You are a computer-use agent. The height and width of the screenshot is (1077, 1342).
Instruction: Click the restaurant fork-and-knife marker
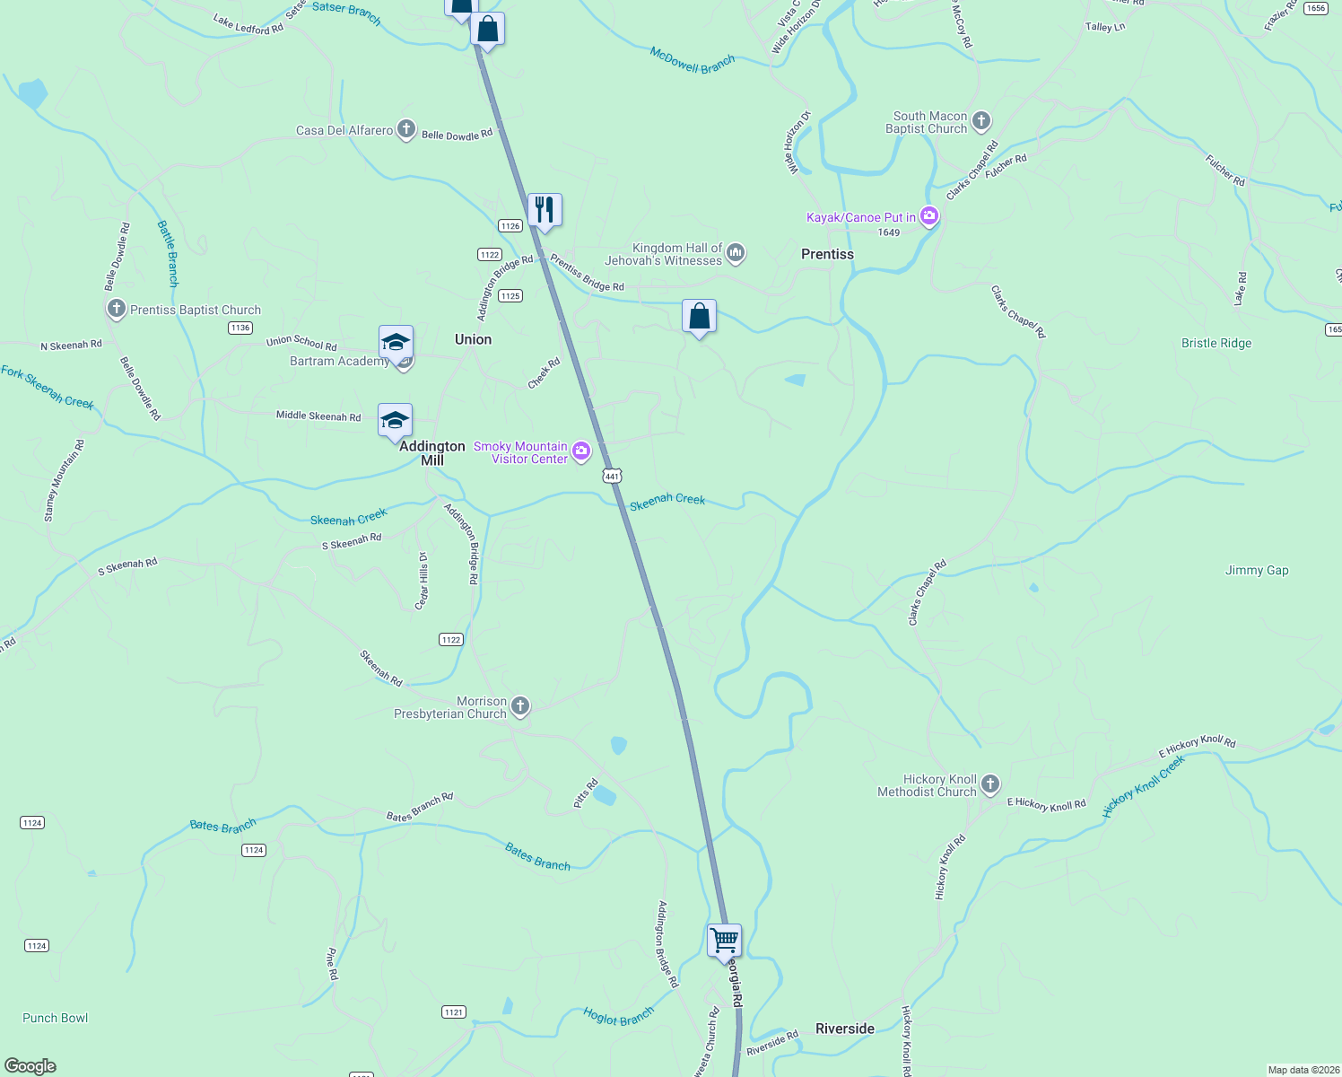coord(545,210)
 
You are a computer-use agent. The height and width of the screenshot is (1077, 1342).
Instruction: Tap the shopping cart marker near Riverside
coord(724,941)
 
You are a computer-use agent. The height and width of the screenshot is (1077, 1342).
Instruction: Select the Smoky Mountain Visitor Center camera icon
coord(581,451)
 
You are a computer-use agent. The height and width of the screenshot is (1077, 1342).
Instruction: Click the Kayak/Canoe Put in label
coord(861,217)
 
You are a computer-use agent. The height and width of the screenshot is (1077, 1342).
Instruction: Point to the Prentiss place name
coord(827,254)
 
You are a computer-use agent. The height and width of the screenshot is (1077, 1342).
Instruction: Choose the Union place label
coord(473,339)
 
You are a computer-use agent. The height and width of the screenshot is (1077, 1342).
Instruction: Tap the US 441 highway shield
coord(613,476)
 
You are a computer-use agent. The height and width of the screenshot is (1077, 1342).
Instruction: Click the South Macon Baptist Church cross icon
coord(981,121)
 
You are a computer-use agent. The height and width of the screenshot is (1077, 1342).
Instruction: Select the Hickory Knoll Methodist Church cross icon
coord(990,784)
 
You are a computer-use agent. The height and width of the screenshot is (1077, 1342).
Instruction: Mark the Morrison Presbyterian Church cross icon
coord(520,706)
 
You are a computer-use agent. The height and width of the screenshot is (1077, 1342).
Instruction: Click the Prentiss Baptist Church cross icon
coord(116,309)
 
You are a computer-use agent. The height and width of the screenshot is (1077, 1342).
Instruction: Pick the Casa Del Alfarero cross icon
coord(406,129)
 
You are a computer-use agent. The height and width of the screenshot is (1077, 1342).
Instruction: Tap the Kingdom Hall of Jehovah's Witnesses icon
coord(736,253)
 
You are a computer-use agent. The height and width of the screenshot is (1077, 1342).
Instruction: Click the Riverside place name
coord(844,1029)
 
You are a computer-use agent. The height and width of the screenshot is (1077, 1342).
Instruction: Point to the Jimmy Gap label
coord(1257,570)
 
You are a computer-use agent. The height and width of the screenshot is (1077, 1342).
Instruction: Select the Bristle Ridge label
coord(1216,343)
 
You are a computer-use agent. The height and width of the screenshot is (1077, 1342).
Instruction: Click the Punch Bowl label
coord(56,1018)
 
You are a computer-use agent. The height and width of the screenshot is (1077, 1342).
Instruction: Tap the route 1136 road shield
coord(240,328)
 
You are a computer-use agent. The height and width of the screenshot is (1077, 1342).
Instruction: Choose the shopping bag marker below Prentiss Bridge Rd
coord(699,316)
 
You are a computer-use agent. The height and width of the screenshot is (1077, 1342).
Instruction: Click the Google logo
coord(30,1066)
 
